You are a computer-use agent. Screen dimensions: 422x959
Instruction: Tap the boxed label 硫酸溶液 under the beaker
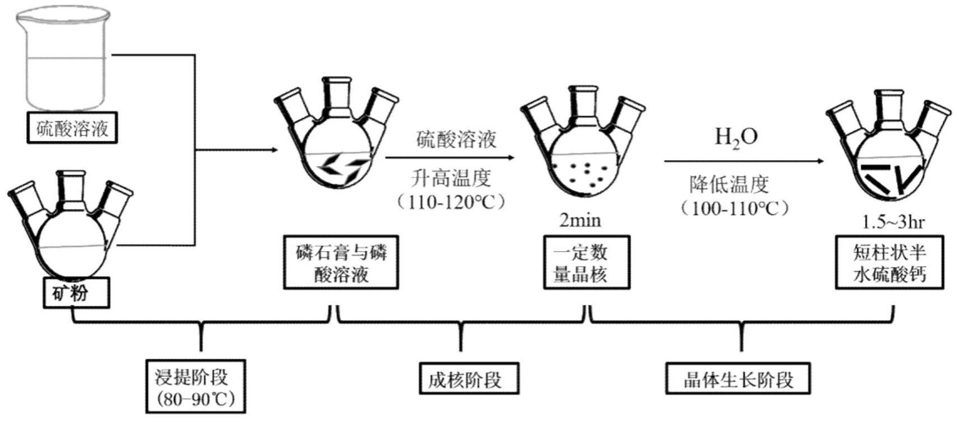tap(72, 128)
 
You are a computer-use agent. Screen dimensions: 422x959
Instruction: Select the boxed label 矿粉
tap(76, 293)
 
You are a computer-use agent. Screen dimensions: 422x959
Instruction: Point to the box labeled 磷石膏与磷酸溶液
tap(341, 262)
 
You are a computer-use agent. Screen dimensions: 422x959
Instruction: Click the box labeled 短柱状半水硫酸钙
tap(889, 262)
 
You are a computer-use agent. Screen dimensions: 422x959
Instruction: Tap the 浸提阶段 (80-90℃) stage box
tap(195, 386)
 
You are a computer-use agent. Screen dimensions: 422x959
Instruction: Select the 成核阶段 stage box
tap(469, 379)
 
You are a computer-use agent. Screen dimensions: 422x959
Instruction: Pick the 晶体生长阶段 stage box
tap(738, 379)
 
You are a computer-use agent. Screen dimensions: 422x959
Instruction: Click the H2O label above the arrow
tap(736, 137)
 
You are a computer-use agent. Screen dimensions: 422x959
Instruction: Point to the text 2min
tap(580, 221)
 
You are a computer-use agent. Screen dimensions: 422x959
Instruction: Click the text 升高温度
tap(451, 179)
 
